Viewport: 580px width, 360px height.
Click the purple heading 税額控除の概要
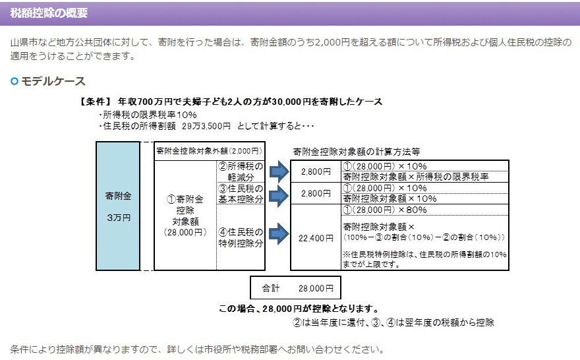click(49, 13)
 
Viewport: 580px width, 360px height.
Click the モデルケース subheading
click(53, 81)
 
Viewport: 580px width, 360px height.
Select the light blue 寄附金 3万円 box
click(118, 206)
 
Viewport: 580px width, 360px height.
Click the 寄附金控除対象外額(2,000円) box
click(210, 151)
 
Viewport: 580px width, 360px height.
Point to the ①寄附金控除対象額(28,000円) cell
click(185, 215)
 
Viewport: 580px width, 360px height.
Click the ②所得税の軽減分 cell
click(241, 171)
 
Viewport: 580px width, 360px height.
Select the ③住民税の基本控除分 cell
click(241, 194)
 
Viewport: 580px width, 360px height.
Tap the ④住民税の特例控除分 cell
click(241, 237)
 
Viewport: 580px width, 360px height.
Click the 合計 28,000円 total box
click(296, 288)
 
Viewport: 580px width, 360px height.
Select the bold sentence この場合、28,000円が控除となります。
click(299, 309)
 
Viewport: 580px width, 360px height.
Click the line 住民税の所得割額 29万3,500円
click(165, 125)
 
